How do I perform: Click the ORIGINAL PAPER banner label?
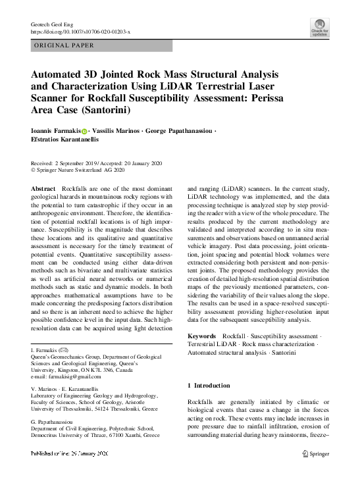[x=63, y=45]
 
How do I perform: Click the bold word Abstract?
[x=43, y=189]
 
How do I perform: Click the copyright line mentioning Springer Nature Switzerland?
[x=78, y=170]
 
